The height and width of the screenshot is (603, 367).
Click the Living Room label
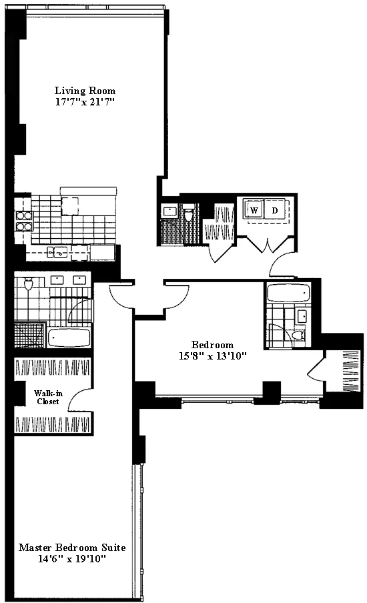coord(85,91)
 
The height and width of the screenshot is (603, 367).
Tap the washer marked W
coord(254,211)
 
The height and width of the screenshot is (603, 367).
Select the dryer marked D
coord(274,211)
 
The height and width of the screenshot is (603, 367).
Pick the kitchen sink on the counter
coord(59,251)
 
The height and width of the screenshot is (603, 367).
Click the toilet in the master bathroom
coord(28,285)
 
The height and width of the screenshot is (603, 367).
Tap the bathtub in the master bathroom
coord(69,338)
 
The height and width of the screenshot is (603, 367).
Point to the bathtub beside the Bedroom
coord(287,293)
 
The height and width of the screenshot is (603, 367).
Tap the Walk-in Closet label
coord(47,398)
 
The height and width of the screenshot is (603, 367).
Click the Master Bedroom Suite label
coord(72,548)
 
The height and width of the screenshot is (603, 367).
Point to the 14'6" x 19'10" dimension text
coord(72,560)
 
